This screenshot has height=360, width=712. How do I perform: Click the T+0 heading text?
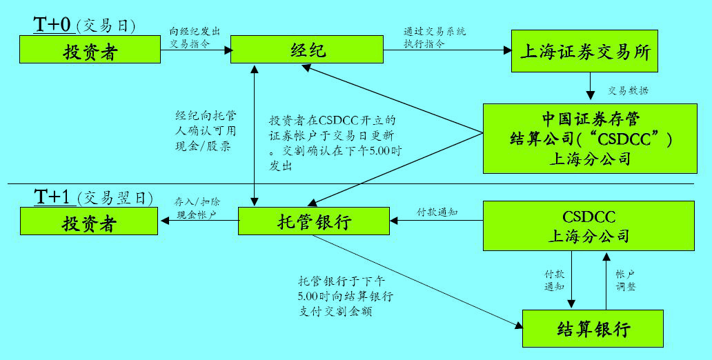click(x=53, y=25)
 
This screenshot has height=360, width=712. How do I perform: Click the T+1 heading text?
click(x=53, y=197)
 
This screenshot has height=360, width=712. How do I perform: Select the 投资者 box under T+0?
click(x=90, y=50)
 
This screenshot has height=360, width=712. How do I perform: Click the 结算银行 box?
click(x=593, y=329)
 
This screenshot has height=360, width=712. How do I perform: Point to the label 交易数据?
click(x=627, y=90)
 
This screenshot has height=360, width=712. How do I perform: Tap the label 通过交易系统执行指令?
click(x=434, y=37)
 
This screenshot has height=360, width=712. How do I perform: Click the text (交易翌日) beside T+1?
click(x=114, y=198)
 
